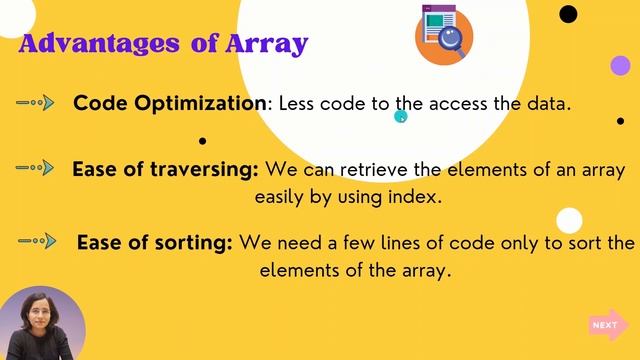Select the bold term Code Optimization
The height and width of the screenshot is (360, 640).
[x=170, y=104]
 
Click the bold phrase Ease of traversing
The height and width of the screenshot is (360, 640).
[x=165, y=169]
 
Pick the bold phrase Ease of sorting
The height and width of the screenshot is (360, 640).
[x=155, y=243]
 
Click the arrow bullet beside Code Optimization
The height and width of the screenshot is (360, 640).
[x=36, y=102]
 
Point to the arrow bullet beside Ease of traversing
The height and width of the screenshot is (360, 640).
[x=36, y=167]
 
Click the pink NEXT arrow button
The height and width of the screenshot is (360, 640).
[x=607, y=324]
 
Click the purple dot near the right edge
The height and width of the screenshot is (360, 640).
[x=620, y=66]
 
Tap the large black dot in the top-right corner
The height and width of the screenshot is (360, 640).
[x=568, y=14]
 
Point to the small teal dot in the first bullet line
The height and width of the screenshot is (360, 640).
[x=401, y=117]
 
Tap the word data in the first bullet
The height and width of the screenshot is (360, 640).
[x=547, y=104]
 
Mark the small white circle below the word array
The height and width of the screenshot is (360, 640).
[x=569, y=220]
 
